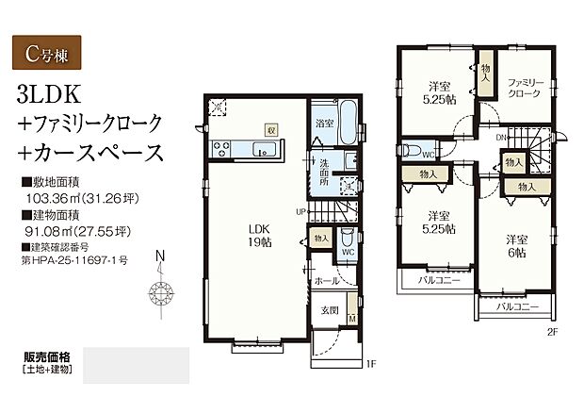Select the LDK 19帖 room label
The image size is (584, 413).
click(259, 234)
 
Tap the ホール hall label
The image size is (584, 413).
click(327, 281)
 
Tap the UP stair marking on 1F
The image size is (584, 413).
click(300, 210)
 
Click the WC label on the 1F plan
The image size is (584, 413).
click(347, 252)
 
